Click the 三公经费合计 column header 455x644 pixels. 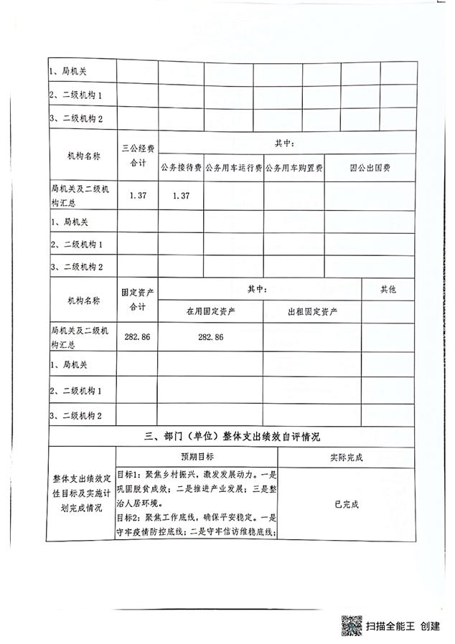click(x=137, y=156)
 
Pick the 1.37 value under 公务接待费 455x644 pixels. click(x=181, y=196)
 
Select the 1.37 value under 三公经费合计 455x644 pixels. click(x=137, y=196)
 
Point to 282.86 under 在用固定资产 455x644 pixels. click(x=210, y=337)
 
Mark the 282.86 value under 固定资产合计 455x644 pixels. click(x=137, y=337)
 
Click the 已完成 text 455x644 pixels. click(x=347, y=503)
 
